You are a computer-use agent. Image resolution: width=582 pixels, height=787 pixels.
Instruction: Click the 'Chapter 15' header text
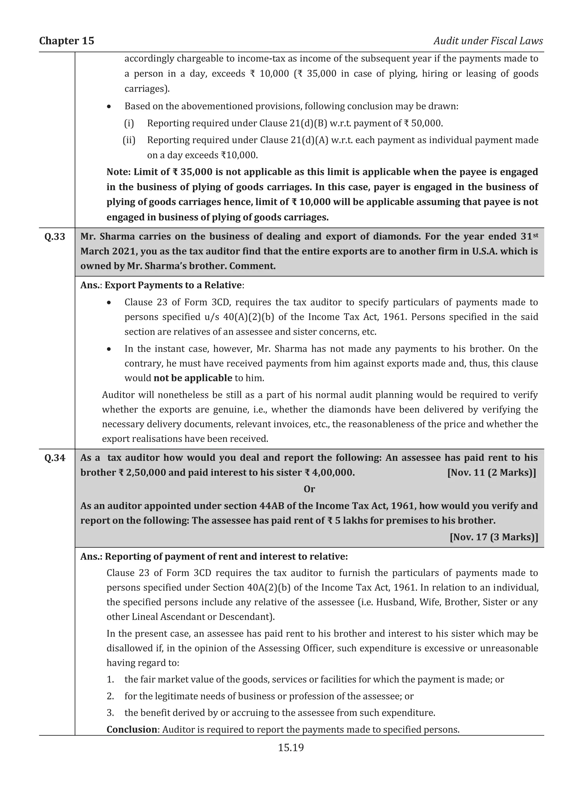pyautogui.click(x=66, y=41)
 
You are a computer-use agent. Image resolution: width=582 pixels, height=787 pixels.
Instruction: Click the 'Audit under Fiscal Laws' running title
pyautogui.click(x=488, y=41)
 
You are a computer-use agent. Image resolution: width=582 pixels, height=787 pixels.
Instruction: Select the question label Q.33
pyautogui.click(x=55, y=237)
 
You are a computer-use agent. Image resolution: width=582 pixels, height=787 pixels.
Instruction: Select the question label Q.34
pyautogui.click(x=55, y=458)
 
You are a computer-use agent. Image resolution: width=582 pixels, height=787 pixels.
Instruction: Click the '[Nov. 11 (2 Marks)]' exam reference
pyautogui.click(x=491, y=473)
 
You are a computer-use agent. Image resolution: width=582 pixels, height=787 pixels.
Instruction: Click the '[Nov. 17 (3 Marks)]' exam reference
pyautogui.click(x=494, y=537)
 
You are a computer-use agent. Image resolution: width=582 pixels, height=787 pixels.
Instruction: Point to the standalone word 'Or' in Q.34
pyautogui.click(x=309, y=489)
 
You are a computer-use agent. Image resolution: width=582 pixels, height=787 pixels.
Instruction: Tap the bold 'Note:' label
pyautogui.click(x=119, y=172)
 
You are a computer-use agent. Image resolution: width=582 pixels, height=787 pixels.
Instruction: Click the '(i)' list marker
pyautogui.click(x=129, y=123)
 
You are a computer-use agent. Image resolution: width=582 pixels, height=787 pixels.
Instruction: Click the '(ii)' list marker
pyautogui.click(x=129, y=140)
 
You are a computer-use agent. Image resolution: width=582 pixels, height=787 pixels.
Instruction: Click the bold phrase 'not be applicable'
pyautogui.click(x=193, y=378)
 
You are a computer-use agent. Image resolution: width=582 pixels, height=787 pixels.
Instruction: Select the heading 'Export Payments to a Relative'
pyautogui.click(x=173, y=285)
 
